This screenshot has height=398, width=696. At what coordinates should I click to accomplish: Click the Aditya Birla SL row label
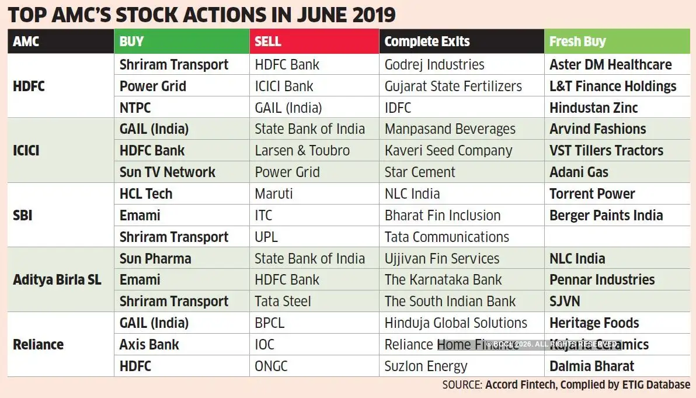click(x=57, y=280)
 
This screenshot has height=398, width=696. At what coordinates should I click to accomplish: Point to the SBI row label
click(x=23, y=215)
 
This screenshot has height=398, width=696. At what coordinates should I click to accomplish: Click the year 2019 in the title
click(x=368, y=13)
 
